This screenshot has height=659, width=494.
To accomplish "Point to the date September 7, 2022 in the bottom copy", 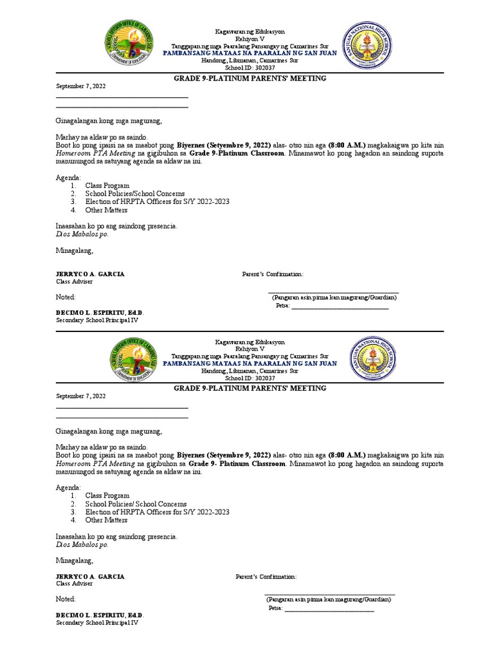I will coord(80,396).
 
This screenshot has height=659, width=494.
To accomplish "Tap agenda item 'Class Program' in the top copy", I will coord(107,185).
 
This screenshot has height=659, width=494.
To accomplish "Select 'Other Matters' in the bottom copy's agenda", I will coord(106,520).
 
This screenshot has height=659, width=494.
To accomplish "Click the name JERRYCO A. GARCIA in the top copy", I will coord(90,274).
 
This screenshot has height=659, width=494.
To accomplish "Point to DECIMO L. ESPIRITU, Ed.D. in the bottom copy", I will coord(100,615).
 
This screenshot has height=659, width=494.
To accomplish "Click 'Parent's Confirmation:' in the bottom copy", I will coord(266,577).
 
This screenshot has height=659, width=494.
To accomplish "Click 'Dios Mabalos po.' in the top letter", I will coord(82,234).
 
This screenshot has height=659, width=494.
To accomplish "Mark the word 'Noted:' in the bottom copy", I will coord(66,599).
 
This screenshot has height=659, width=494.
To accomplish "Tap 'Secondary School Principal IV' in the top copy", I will coord(97,320).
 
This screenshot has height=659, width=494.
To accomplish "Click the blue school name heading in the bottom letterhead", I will coord(250,364).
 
